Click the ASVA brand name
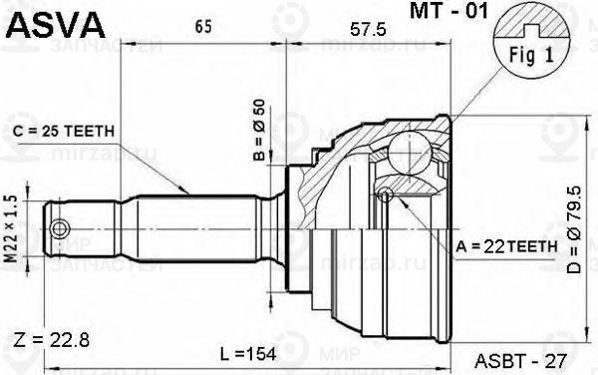click(51, 21)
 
